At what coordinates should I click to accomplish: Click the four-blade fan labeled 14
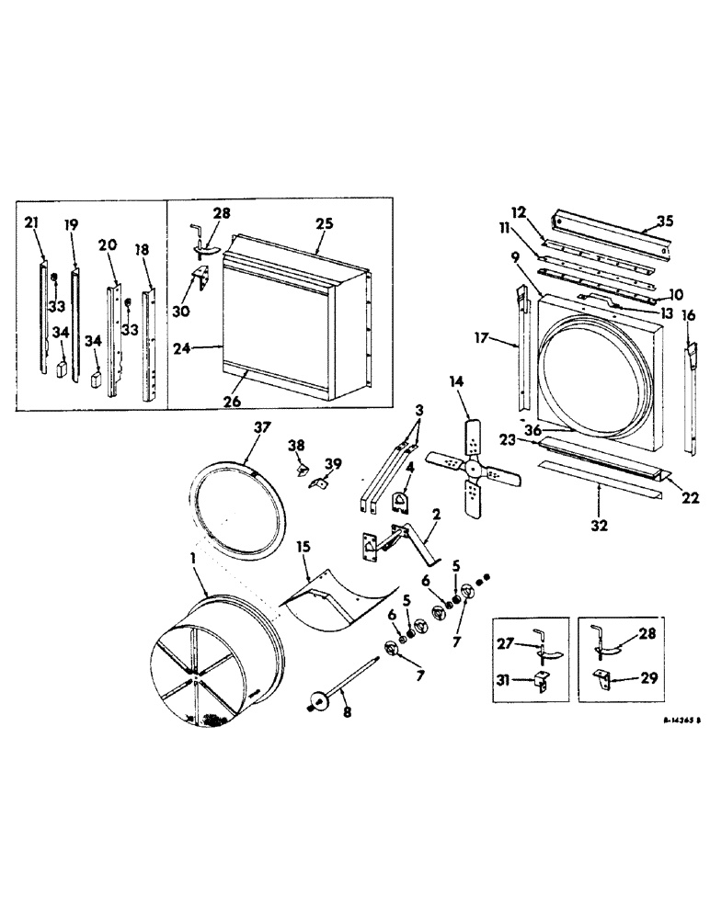(x=473, y=467)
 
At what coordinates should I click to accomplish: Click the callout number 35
(x=665, y=221)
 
